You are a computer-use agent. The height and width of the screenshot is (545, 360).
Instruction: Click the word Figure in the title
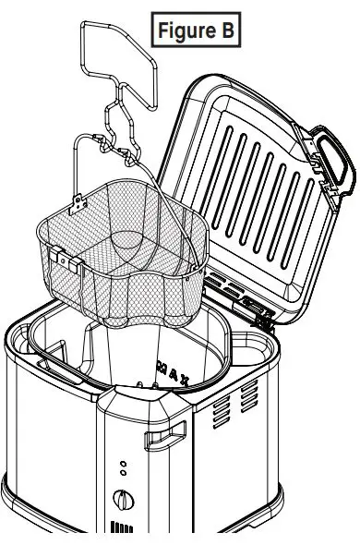pyautogui.click(x=185, y=30)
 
